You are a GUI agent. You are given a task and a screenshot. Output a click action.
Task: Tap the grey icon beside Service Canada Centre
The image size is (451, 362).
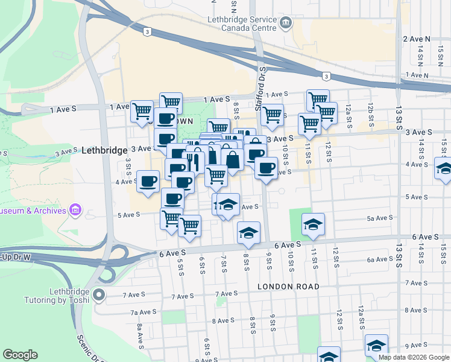(x=286, y=24)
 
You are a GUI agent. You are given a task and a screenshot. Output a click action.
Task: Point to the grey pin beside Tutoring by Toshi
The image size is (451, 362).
(x=100, y=296)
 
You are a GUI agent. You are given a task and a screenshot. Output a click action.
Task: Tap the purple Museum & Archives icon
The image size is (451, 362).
(x=75, y=211)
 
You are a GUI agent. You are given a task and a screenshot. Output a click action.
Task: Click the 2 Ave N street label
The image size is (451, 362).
(x=416, y=39)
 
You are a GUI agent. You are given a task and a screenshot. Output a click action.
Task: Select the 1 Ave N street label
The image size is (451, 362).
(x=417, y=75)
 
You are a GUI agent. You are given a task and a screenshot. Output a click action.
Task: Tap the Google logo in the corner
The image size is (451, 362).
(x=20, y=355)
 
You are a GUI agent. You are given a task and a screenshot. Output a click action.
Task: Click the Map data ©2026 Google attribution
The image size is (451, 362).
(x=414, y=357)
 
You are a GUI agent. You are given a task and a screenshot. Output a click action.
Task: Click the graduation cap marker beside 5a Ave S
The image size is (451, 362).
(x=313, y=224)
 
